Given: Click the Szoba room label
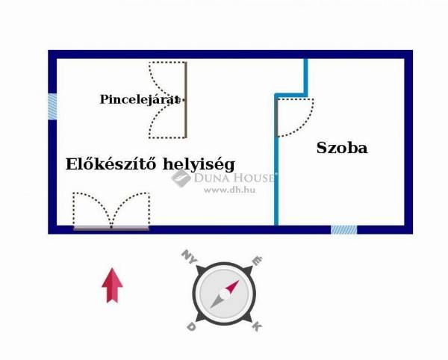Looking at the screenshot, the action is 342,148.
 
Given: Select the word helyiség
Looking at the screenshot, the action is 199,164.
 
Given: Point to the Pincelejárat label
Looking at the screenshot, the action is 140,99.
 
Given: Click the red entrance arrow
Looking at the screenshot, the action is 112,285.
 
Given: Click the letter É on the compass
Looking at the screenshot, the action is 257,260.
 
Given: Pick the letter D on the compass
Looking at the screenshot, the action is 191,326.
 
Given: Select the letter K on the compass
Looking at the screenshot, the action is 257,326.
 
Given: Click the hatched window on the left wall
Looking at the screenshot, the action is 52,107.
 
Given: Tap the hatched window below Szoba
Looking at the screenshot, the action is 343,230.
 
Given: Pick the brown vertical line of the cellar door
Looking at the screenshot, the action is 186,100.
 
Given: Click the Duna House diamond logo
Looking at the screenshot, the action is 181,178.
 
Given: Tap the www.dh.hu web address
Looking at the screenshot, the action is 229,190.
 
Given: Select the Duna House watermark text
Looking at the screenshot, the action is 234,178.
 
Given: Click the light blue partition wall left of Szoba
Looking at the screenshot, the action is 276,159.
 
